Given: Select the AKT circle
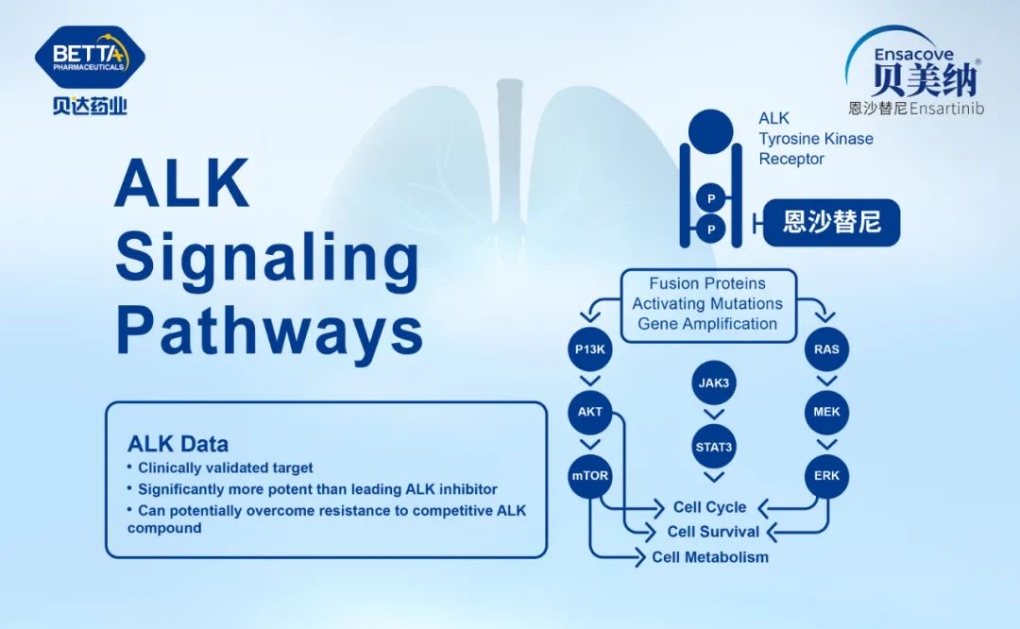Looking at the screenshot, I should (589, 412).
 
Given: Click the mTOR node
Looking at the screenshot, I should (589, 475).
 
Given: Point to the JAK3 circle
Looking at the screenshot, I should (714, 383).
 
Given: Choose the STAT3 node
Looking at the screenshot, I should (714, 447).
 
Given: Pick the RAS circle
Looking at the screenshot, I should (826, 349).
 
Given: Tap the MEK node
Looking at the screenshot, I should (826, 413).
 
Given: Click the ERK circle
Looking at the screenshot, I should (826, 475).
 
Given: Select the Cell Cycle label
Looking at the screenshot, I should (709, 508).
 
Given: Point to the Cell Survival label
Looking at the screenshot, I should (713, 532).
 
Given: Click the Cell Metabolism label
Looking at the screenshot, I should (709, 557).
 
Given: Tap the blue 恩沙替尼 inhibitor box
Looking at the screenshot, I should (831, 223).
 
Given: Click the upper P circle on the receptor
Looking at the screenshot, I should (711, 198).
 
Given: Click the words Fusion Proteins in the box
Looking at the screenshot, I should (707, 283).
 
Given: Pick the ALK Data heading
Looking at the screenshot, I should (178, 444).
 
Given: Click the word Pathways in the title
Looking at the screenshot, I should (268, 332).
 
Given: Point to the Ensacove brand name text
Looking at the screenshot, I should (912, 56).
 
